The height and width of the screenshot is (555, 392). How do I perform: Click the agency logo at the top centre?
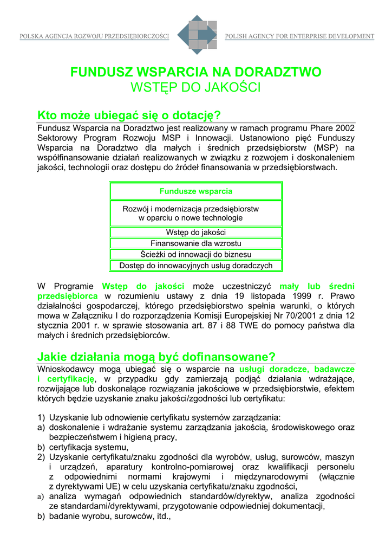click(x=197, y=34)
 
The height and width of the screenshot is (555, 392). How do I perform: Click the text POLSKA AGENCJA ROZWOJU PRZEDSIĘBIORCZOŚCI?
click(x=95, y=36)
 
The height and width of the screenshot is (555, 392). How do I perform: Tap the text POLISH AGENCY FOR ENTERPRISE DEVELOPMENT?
click(x=299, y=36)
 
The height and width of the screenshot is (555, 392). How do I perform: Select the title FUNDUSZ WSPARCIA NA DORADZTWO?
click(x=196, y=72)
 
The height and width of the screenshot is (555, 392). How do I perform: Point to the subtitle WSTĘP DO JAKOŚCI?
click(x=196, y=87)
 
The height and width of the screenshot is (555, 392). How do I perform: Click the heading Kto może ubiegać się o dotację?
click(x=129, y=115)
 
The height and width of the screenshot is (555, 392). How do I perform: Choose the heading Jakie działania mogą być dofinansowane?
click(x=156, y=357)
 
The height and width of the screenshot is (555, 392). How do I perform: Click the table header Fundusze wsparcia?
click(x=196, y=191)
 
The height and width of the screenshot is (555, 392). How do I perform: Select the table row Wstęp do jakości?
click(x=196, y=233)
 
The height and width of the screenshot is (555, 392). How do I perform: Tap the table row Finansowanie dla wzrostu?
click(x=196, y=243)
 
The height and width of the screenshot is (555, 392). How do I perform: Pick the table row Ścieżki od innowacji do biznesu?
click(x=196, y=254)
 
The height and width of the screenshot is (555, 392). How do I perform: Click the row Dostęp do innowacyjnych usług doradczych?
click(x=196, y=266)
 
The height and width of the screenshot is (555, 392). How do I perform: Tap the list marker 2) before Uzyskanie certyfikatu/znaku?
click(x=41, y=457)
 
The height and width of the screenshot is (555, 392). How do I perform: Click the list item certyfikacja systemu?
click(x=88, y=447)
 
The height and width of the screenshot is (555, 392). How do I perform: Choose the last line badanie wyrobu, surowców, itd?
click(x=109, y=517)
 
